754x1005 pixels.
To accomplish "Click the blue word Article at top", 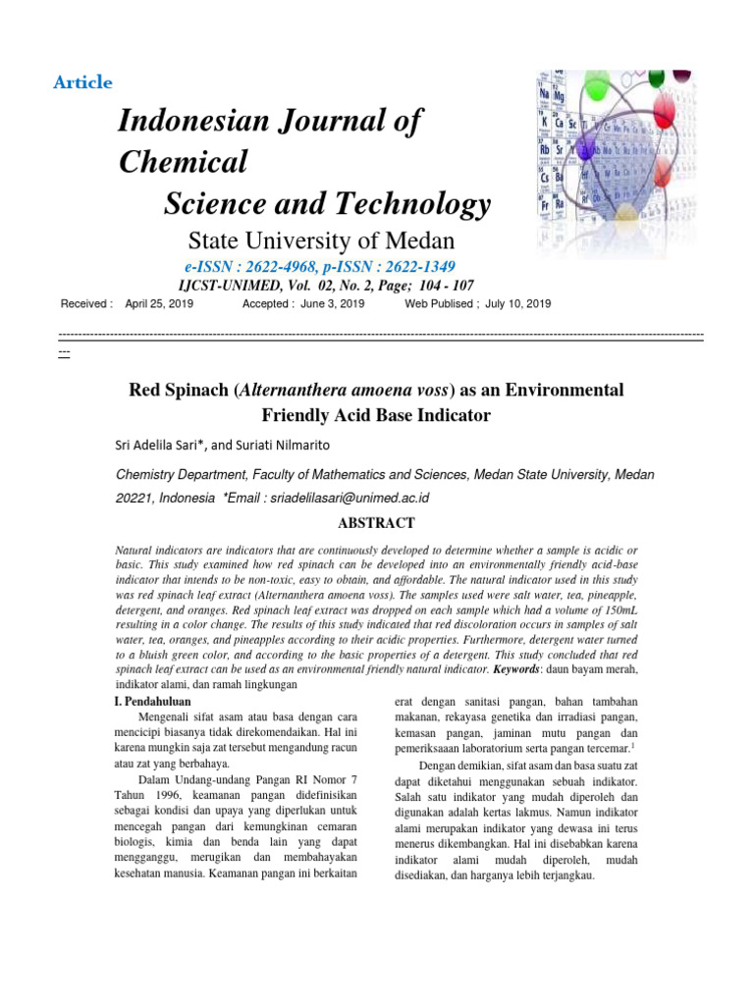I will click(83, 82).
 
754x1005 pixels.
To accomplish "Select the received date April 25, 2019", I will click(159, 304).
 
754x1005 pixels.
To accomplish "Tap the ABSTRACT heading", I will click(376, 523).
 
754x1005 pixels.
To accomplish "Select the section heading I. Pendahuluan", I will click(153, 702).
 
